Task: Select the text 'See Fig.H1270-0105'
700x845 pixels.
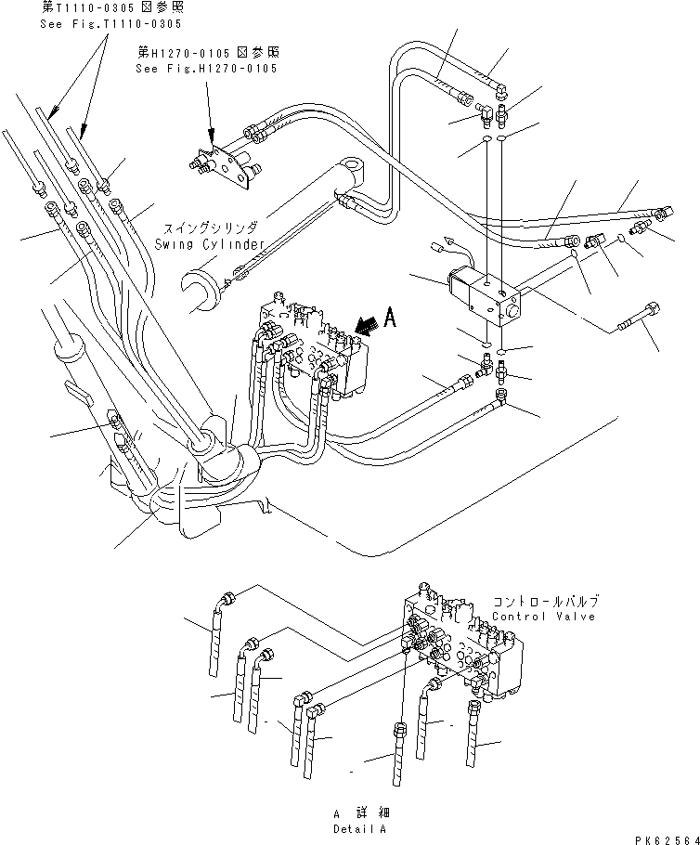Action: point(205,69)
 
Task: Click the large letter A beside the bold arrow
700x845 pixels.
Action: point(391,319)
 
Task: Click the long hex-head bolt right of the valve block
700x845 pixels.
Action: point(641,319)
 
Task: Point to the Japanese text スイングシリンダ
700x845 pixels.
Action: point(210,227)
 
